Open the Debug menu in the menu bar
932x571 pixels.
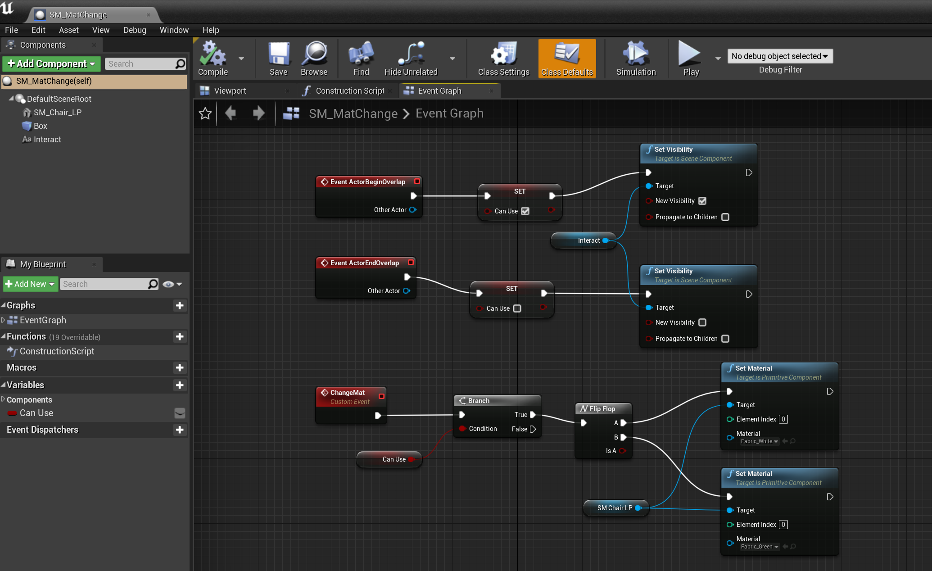tap(135, 30)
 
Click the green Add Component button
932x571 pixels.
tap(51, 64)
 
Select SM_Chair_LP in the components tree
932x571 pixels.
tap(57, 113)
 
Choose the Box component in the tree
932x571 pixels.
tap(40, 126)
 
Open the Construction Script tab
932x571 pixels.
tap(349, 91)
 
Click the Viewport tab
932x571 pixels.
tap(230, 91)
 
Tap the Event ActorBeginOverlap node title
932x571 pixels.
tap(367, 182)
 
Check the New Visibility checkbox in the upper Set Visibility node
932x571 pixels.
tap(702, 201)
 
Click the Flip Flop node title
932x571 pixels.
tap(602, 409)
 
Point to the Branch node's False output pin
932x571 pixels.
tap(533, 429)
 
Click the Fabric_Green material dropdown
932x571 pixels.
tap(760, 547)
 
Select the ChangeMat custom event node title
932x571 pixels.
tap(347, 393)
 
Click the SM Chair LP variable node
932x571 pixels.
tap(615, 508)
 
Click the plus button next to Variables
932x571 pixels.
tap(180, 385)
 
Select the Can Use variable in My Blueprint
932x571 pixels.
tap(36, 413)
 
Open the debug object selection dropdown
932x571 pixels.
tap(780, 56)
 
